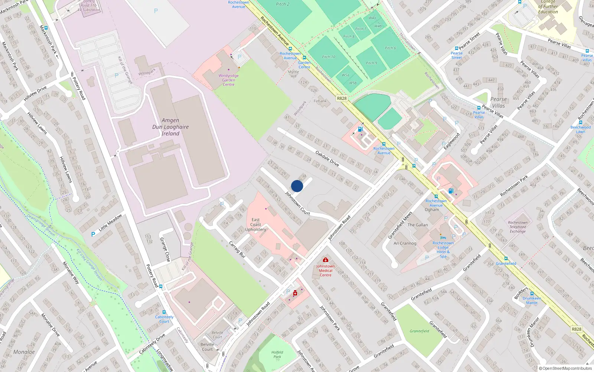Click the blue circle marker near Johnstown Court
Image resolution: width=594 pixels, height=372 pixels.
(x=297, y=186)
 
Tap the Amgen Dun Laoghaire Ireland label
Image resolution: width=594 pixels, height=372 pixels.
(x=170, y=127)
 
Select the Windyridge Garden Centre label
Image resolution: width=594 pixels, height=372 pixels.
(x=228, y=80)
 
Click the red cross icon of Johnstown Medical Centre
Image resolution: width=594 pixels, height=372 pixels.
(x=326, y=260)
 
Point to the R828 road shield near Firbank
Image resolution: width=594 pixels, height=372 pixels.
(x=342, y=99)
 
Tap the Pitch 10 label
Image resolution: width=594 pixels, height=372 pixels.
(x=329, y=57)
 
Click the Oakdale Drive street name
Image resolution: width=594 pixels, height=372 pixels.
(x=327, y=158)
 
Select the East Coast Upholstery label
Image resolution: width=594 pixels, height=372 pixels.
(x=255, y=225)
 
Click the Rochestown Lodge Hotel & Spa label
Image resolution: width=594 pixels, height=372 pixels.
(x=443, y=250)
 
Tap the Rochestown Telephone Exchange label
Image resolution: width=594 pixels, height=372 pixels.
(x=518, y=227)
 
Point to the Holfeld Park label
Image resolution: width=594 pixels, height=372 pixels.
(x=277, y=355)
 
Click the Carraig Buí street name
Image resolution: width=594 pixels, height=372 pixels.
(x=237, y=250)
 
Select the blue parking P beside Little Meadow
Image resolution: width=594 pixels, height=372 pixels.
(x=93, y=234)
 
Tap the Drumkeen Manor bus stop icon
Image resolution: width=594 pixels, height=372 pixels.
(x=532, y=294)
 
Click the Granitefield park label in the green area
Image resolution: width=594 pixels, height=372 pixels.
(x=419, y=331)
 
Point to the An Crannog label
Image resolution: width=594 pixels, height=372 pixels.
(x=405, y=243)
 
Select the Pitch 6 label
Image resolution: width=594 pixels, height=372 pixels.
(x=390, y=48)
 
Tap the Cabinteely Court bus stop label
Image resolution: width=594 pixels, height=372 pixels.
(x=164, y=319)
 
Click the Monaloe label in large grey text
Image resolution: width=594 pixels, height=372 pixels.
(x=24, y=352)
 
